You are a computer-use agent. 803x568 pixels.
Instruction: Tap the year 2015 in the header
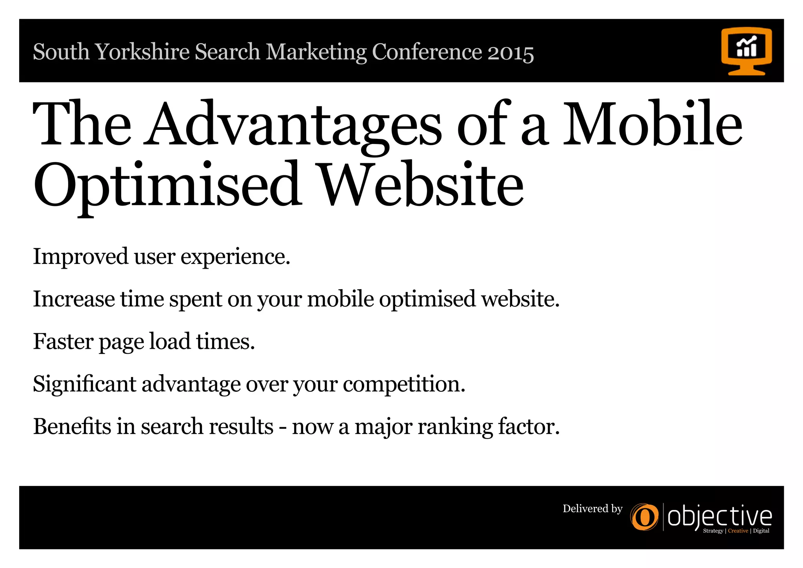click(511, 52)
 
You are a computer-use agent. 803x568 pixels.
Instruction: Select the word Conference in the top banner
click(427, 52)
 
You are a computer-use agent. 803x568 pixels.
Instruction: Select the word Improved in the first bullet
click(80, 257)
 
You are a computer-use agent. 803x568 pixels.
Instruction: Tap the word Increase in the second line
click(74, 299)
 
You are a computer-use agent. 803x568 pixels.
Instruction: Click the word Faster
click(63, 341)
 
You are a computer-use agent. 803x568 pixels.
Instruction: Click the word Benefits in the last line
click(72, 426)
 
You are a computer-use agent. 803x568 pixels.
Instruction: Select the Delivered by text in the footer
click(592, 509)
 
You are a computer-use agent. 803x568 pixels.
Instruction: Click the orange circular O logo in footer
click(644, 517)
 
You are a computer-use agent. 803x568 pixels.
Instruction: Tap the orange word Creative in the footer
click(738, 531)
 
